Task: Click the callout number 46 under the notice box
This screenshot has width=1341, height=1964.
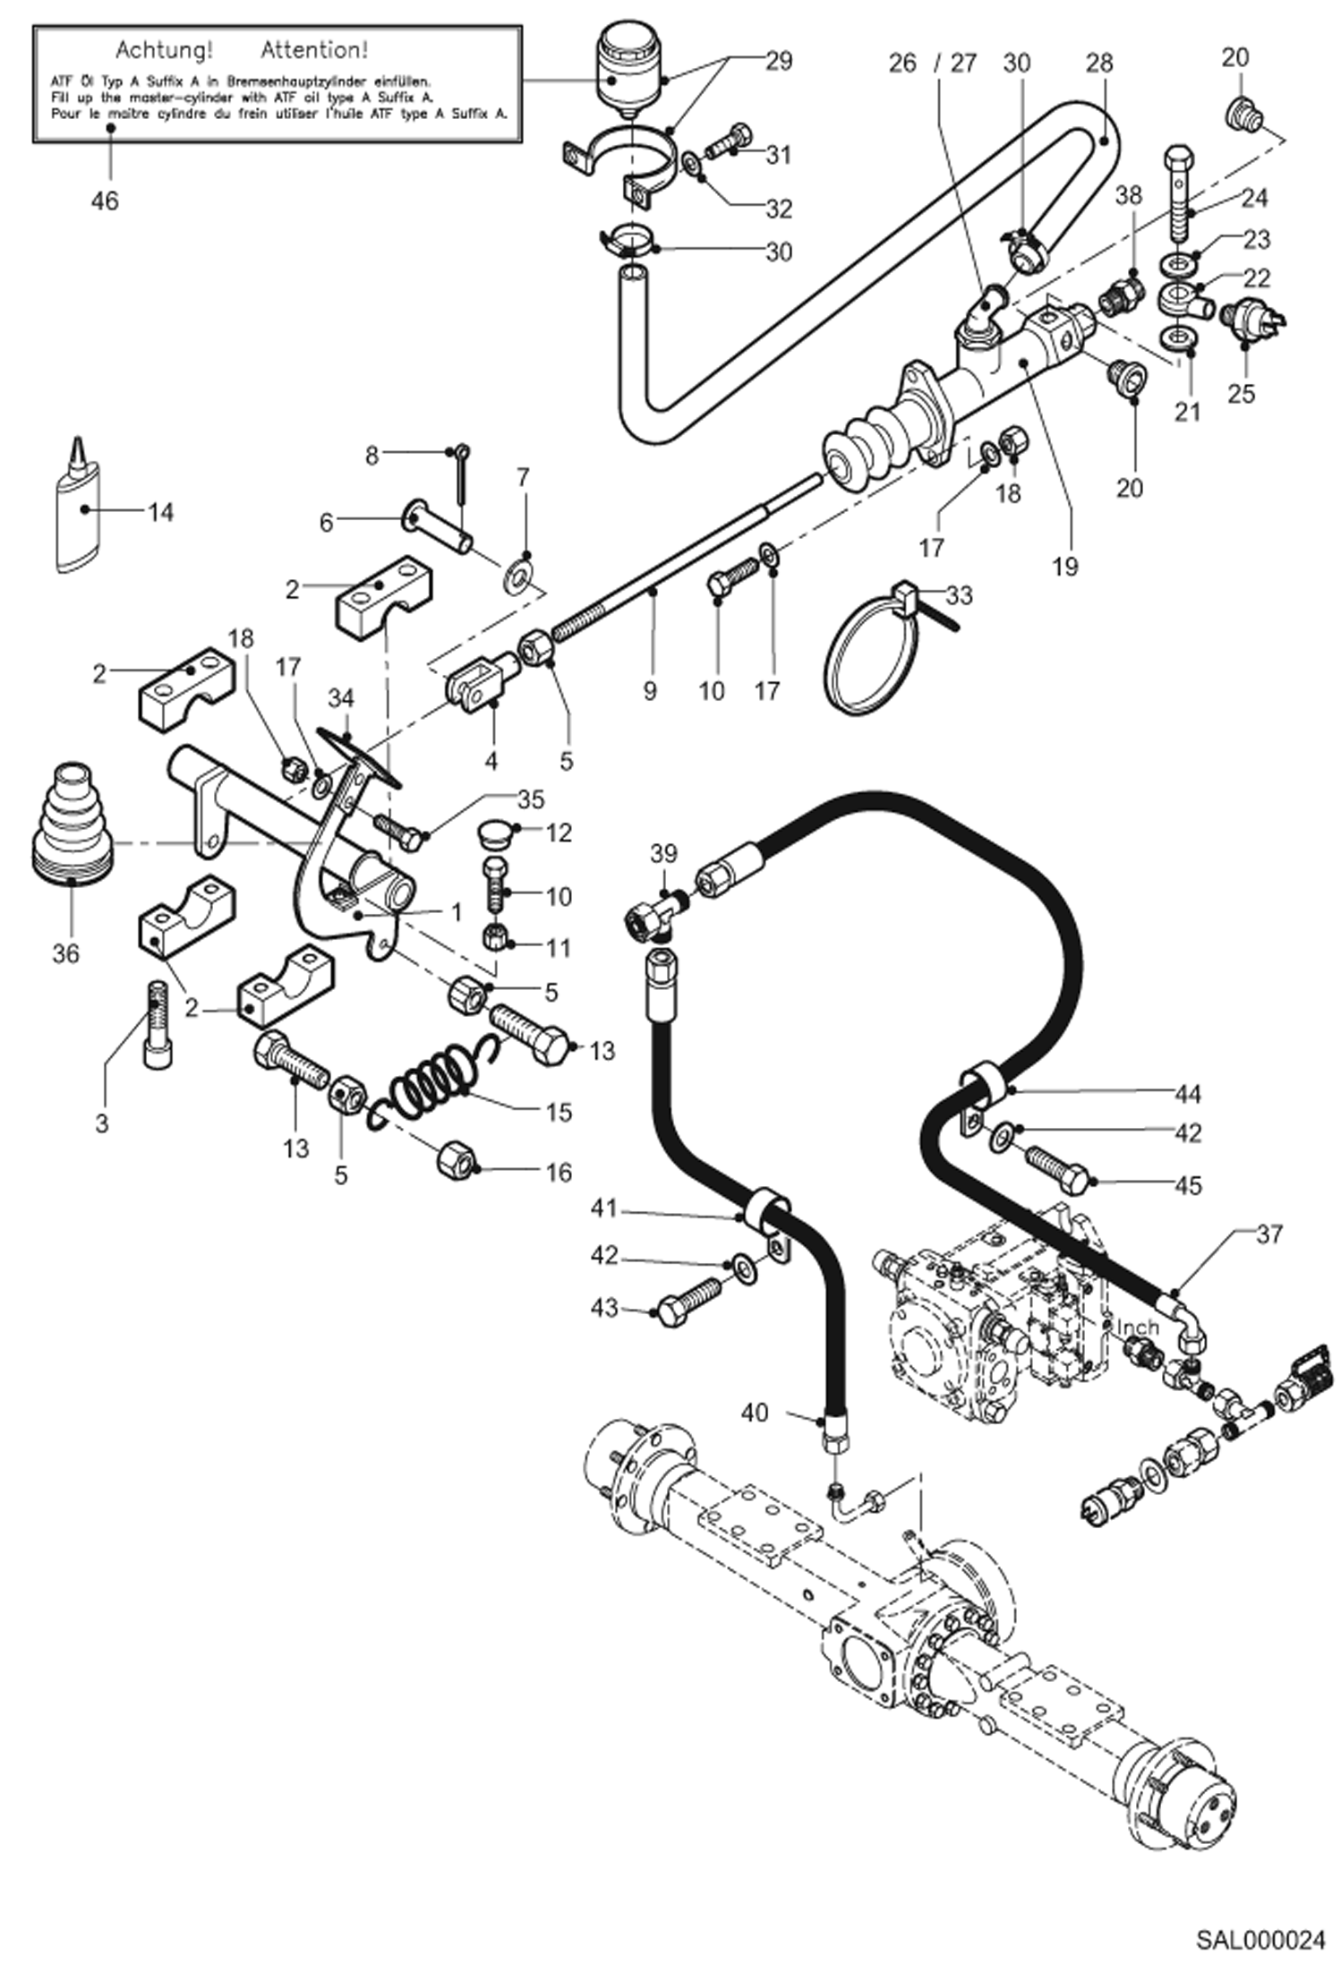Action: (x=105, y=201)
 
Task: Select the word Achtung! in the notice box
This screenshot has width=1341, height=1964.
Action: (x=164, y=49)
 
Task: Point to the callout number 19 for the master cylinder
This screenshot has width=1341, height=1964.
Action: (x=1065, y=566)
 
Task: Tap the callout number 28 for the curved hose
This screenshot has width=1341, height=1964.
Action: (x=1099, y=64)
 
